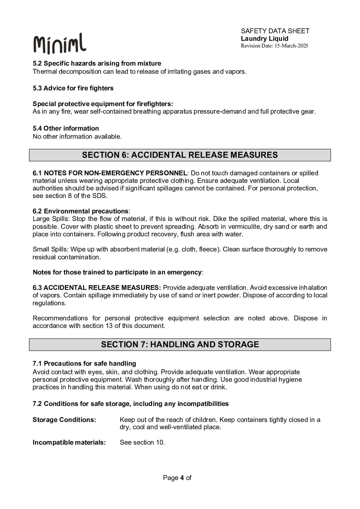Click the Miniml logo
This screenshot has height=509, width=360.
pyautogui.click(x=60, y=44)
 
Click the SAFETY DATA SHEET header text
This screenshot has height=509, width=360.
pyautogui.click(x=275, y=31)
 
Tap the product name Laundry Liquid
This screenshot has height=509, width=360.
pyautogui.click(x=264, y=39)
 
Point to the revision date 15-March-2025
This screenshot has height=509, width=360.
pyautogui.click(x=291, y=46)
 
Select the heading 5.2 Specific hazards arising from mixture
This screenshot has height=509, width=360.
pyautogui.click(x=97, y=63)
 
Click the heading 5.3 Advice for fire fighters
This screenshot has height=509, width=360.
pyautogui.click(x=73, y=88)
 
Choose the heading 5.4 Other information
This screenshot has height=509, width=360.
pyautogui.click(x=66, y=128)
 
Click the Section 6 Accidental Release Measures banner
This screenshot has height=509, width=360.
pyautogui.click(x=180, y=155)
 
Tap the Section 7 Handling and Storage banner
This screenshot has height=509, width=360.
pyautogui.click(x=180, y=344)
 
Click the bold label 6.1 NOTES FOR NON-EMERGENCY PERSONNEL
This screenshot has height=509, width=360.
pyautogui.click(x=110, y=173)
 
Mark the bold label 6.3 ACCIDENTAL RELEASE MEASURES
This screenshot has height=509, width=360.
pyautogui.click(x=97, y=288)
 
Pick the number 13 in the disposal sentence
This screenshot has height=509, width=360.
pyautogui.click(x=109, y=326)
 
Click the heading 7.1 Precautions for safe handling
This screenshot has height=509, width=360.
pyautogui.click(x=84, y=363)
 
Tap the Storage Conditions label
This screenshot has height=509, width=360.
pyautogui.click(x=64, y=420)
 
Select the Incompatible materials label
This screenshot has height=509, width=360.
pyautogui.click(x=69, y=442)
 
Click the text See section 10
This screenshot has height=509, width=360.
pyautogui.click(x=142, y=442)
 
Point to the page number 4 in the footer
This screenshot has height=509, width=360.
pyautogui.click(x=182, y=478)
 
